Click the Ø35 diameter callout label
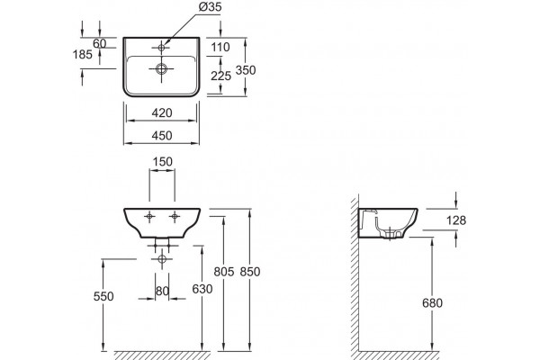(210, 7)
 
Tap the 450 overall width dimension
(162, 135)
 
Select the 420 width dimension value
(162, 112)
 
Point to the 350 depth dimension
(246, 70)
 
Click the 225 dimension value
(220, 76)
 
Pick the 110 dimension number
(220, 47)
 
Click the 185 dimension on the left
(83, 54)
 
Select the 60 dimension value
(100, 43)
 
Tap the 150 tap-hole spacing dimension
(162, 162)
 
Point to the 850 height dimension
(249, 272)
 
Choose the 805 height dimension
(224, 272)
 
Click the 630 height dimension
(202, 289)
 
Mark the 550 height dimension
(103, 296)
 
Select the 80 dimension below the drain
(162, 291)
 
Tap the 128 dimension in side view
(456, 220)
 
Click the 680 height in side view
(432, 302)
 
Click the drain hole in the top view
(161, 68)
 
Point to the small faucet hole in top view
(161, 47)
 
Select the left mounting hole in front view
(149, 216)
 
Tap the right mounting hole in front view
(175, 216)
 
